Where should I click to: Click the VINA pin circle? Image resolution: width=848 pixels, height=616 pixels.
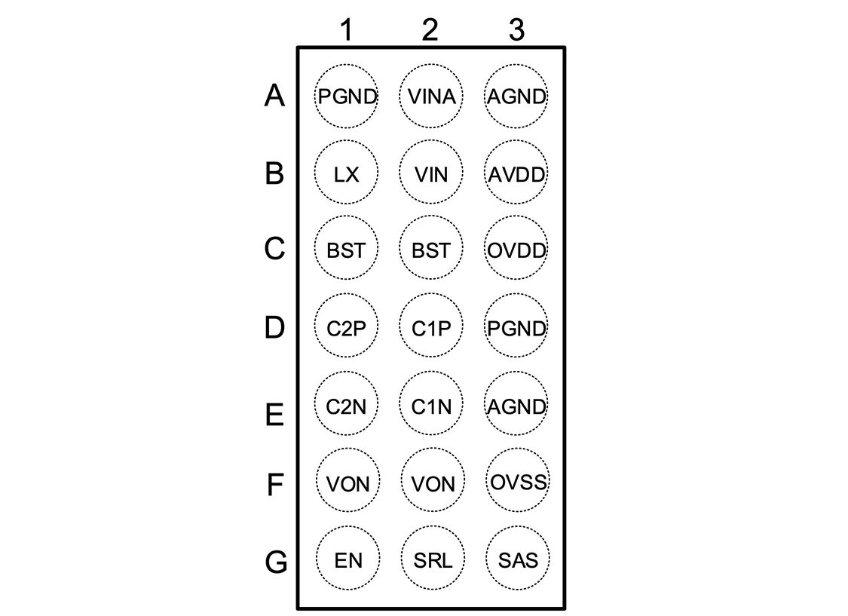click(430, 97)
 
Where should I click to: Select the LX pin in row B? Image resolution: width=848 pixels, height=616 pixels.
click(346, 174)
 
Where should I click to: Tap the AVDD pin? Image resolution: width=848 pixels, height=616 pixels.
click(516, 174)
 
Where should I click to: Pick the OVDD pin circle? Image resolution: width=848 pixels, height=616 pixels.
click(516, 250)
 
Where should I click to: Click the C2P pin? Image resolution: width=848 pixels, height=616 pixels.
click(346, 328)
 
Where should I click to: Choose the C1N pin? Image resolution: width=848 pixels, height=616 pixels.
click(430, 406)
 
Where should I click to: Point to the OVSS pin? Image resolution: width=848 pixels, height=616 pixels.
click(517, 481)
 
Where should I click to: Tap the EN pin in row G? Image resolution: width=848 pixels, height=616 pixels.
click(346, 560)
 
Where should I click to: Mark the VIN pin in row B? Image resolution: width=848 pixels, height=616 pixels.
click(430, 174)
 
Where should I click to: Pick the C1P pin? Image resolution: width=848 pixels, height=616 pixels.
click(430, 328)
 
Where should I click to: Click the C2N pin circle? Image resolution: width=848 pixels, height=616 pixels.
click(346, 406)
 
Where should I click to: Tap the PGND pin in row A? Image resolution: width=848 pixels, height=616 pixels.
click(346, 97)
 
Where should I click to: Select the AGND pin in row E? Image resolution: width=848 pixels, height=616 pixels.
click(516, 406)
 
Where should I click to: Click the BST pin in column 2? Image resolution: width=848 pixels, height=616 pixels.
click(430, 250)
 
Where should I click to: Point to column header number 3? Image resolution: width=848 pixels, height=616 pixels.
click(516, 30)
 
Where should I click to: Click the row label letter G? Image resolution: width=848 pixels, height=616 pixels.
click(276, 562)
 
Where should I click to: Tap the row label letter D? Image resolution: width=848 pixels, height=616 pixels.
click(275, 329)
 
